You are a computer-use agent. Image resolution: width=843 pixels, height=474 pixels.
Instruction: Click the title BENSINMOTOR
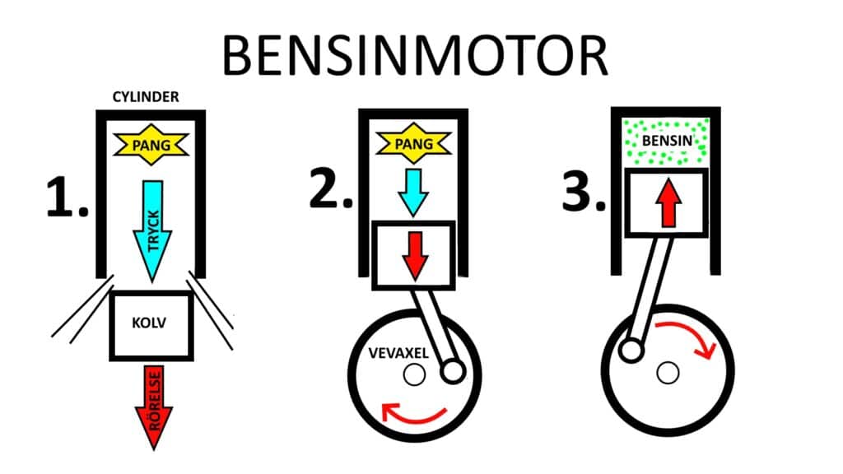(415, 56)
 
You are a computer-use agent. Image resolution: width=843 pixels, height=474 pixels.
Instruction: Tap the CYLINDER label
(146, 97)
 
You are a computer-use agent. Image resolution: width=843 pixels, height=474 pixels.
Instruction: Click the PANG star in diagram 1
(151, 145)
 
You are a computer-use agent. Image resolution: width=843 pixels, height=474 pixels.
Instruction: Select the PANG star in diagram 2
(413, 143)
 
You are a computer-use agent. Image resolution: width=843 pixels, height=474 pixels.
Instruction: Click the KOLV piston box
(151, 325)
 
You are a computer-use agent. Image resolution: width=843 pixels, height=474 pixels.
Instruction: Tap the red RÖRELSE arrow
(154, 407)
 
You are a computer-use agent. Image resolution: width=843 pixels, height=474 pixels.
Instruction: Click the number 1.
(67, 197)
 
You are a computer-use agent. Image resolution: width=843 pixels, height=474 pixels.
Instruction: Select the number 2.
(331, 188)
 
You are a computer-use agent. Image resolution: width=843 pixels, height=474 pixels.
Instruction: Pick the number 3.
(584, 191)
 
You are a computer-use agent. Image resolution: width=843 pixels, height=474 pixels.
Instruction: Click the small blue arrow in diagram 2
(413, 193)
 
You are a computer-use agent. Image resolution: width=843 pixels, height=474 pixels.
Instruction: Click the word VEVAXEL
(398, 353)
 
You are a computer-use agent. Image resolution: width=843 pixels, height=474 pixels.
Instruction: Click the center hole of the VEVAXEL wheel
(415, 374)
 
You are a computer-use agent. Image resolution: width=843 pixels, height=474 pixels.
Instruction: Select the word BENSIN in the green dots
(667, 141)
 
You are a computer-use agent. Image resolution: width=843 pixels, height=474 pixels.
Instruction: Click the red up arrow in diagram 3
(668, 202)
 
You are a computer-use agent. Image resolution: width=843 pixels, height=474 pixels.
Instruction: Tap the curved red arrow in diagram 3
(688, 336)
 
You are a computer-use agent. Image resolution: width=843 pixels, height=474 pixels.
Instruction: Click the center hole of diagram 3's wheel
(668, 373)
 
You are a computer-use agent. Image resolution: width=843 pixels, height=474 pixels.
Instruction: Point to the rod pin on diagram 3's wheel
(631, 351)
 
